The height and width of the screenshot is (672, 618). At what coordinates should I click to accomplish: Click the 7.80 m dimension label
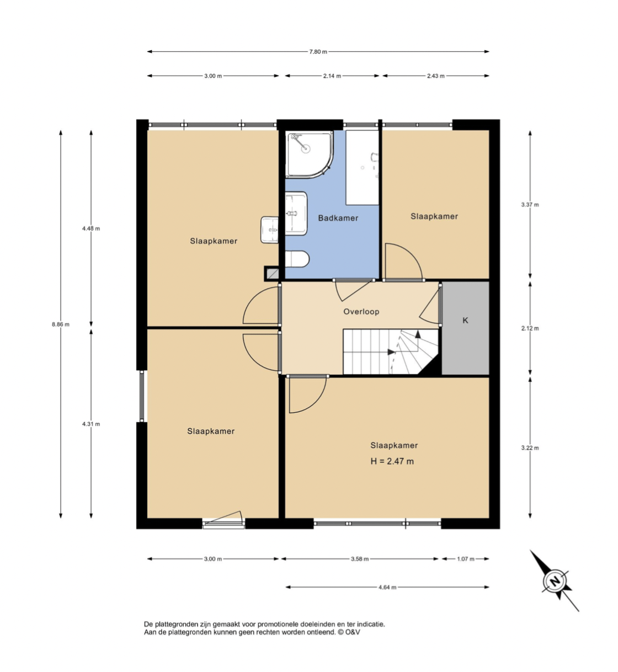[x=318, y=52]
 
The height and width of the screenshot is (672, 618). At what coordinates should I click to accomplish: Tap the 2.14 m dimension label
[x=332, y=76]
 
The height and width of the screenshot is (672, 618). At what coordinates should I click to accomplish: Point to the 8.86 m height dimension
[x=61, y=324]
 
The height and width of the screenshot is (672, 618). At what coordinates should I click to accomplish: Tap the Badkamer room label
[x=338, y=218]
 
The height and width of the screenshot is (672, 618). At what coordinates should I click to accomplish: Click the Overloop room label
[x=361, y=312]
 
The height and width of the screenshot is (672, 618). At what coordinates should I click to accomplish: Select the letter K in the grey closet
[x=465, y=320]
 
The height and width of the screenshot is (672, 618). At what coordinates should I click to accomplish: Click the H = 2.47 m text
[x=392, y=461]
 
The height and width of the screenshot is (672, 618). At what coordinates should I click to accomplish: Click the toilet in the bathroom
[x=297, y=259]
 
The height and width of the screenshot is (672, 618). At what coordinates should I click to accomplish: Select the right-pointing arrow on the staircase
[x=391, y=352]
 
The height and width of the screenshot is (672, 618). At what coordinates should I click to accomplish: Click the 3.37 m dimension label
[x=530, y=205]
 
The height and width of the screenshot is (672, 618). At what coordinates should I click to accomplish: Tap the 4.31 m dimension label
[x=91, y=424]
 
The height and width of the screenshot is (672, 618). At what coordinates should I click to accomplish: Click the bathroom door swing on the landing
[x=352, y=291]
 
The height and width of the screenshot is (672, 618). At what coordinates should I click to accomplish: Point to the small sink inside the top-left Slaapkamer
[x=269, y=230]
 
